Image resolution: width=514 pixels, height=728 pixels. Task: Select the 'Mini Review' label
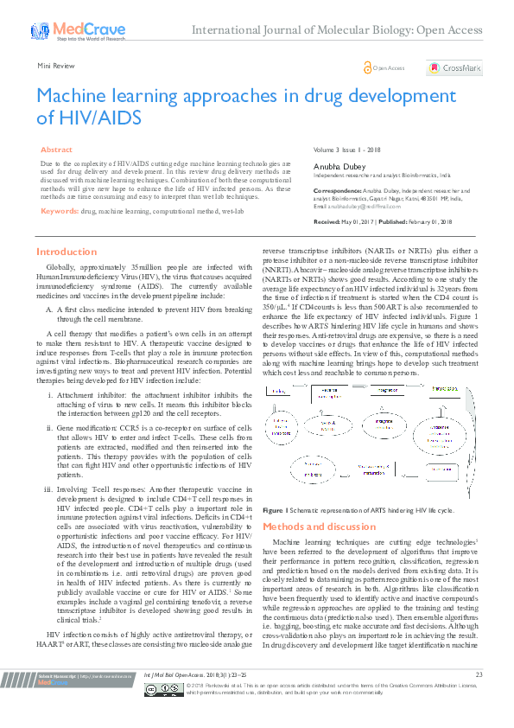click(54, 66)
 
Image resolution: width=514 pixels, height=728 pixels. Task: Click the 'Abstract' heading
click(57, 150)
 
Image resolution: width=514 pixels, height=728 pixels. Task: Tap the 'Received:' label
click(327, 221)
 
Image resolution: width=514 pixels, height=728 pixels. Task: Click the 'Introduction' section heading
click(67, 252)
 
